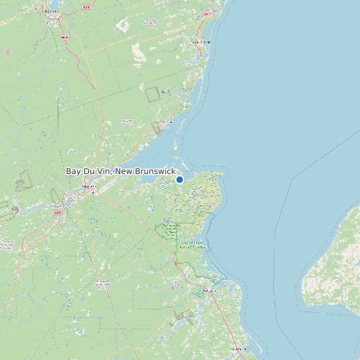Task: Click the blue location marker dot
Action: [x=179, y=179]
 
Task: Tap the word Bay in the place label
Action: [x=73, y=171]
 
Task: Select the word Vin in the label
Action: [x=103, y=171]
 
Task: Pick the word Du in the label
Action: [x=89, y=171]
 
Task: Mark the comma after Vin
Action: [x=112, y=173]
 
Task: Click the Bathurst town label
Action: [x=50, y=11]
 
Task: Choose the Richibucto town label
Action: [x=210, y=290]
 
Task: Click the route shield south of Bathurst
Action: [x=64, y=38]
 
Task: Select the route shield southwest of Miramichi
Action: [x=57, y=213]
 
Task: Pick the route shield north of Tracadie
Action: [x=208, y=13]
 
